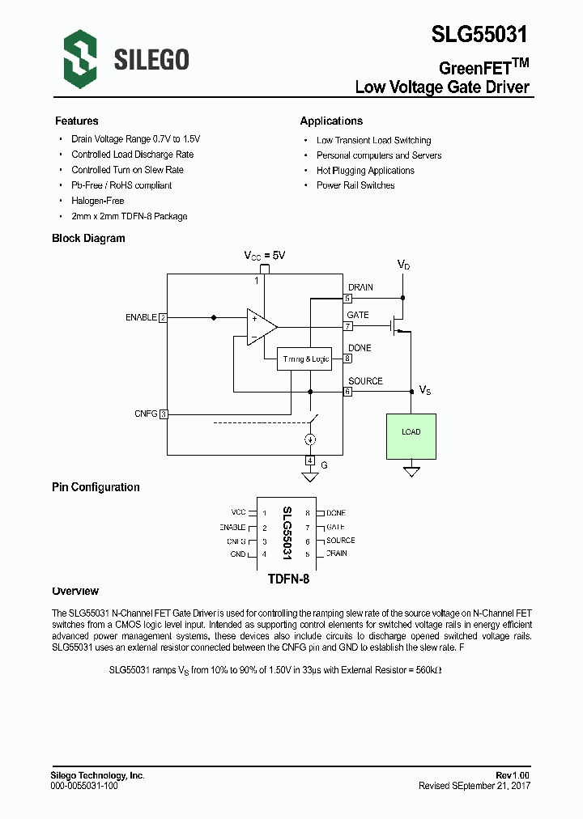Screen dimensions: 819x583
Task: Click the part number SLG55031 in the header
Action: pos(479,34)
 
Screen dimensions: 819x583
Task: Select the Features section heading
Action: pos(76,121)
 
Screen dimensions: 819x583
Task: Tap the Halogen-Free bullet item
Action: pos(97,201)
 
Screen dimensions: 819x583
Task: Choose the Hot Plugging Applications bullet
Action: pos(365,171)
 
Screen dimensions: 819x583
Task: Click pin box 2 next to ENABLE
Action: pos(163,318)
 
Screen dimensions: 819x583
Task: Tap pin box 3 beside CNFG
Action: pos(163,414)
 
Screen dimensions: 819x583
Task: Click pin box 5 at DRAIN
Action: pos(347,298)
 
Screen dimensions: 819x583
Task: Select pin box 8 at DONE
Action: pos(347,359)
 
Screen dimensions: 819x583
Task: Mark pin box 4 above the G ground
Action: pos(309,460)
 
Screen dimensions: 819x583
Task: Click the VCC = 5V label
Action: pos(265,255)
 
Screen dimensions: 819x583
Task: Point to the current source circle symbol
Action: pos(309,439)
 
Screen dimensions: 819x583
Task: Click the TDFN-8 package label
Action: pos(288,579)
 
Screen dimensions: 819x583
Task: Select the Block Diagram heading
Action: pos(88,239)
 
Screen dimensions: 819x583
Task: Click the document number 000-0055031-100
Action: pos(84,786)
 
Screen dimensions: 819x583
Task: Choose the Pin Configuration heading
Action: pos(96,487)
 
